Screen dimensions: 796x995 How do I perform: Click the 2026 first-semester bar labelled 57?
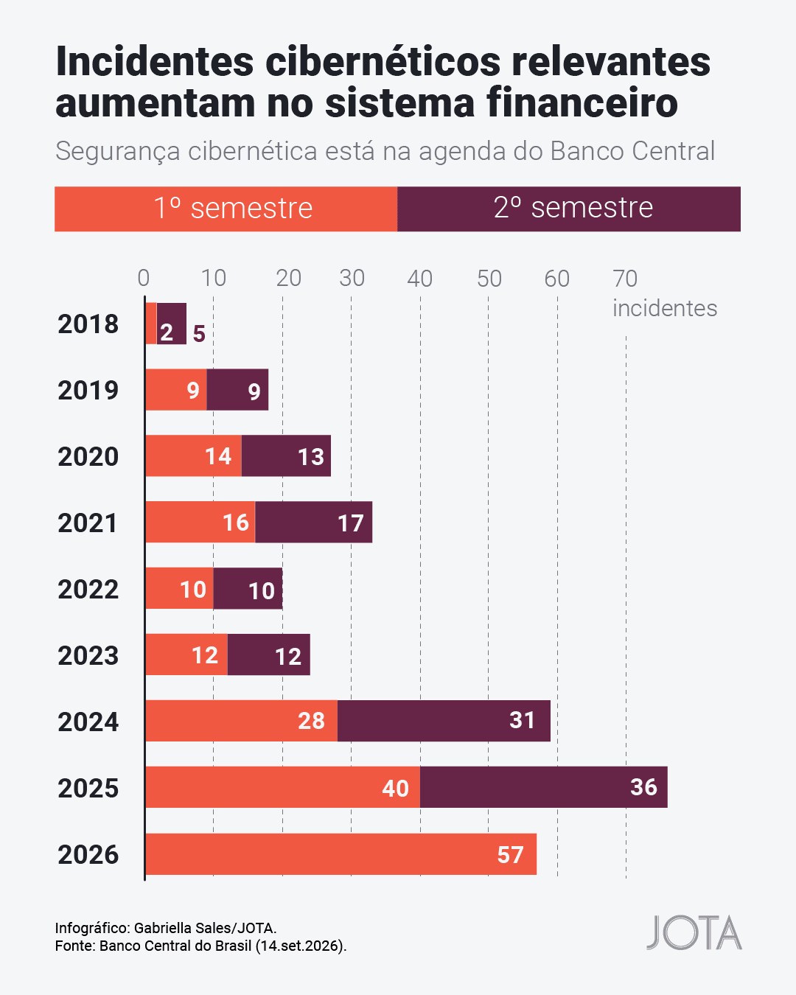(x=341, y=854)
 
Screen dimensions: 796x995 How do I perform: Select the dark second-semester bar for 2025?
(x=543, y=787)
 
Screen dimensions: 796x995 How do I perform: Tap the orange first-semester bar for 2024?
(x=242, y=721)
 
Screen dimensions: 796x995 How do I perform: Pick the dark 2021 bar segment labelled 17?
(x=313, y=522)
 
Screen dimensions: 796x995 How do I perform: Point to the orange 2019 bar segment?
(x=176, y=390)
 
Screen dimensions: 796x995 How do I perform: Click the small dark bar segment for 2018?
(x=172, y=324)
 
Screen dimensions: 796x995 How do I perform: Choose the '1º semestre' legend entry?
(x=226, y=209)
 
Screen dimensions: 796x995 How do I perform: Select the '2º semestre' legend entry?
(x=569, y=209)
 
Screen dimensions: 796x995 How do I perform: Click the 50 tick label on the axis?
(x=489, y=279)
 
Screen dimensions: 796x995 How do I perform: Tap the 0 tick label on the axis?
(x=144, y=279)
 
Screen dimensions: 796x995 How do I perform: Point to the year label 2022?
(x=88, y=590)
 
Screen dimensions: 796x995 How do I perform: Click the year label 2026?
(x=88, y=854)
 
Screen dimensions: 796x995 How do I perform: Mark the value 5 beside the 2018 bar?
(x=199, y=333)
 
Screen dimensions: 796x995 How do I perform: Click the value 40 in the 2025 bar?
(x=396, y=789)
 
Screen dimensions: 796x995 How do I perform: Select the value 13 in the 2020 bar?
(x=311, y=457)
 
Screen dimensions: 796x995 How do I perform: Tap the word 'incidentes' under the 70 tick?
(x=665, y=308)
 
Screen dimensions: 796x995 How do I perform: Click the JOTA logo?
(x=694, y=932)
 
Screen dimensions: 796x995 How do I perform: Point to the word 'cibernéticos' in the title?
(x=383, y=61)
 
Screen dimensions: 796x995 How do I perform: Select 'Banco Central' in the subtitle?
(x=632, y=151)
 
